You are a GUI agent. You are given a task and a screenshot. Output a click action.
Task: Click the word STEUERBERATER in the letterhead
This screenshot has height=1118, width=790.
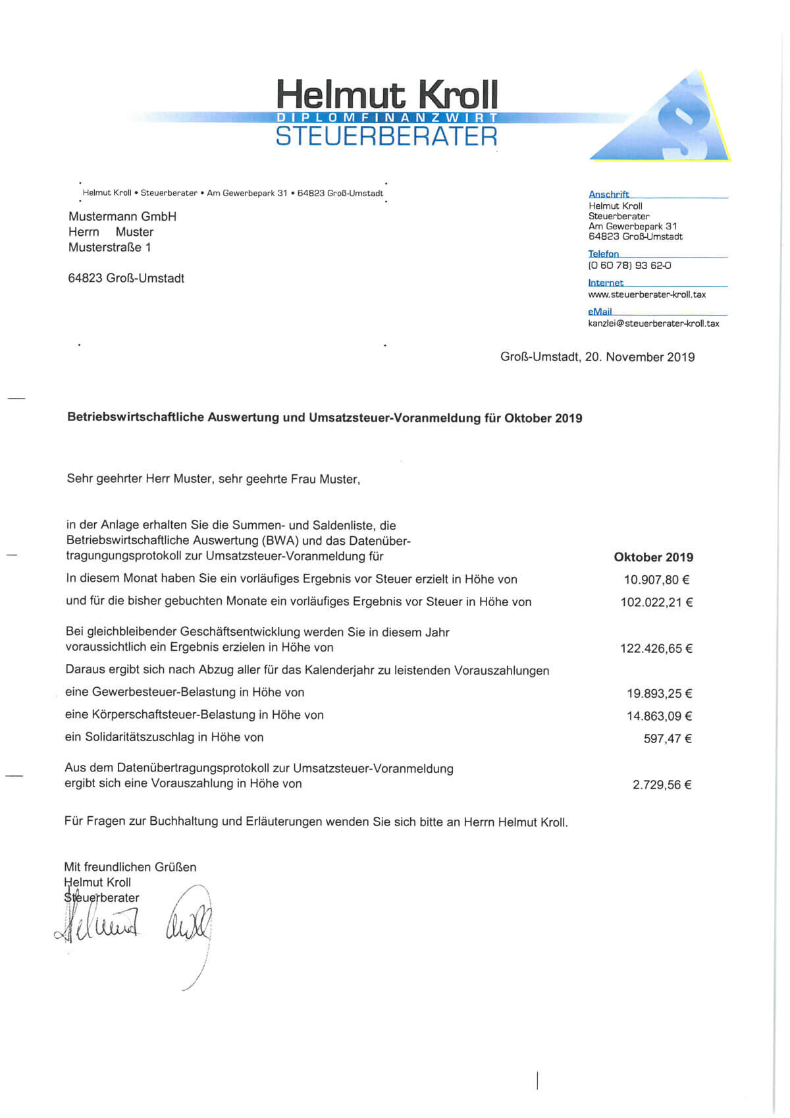coord(386,136)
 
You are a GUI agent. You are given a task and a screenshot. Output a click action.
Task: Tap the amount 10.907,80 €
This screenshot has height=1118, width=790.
coord(656,580)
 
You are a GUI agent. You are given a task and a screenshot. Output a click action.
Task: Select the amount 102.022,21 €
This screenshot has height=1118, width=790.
coord(656,602)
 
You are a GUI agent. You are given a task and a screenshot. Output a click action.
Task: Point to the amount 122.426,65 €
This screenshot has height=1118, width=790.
coord(656,648)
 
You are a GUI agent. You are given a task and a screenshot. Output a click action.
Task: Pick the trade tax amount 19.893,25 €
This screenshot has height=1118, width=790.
coord(659,694)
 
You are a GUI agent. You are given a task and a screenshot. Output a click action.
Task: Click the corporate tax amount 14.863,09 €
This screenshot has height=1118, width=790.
coord(659,716)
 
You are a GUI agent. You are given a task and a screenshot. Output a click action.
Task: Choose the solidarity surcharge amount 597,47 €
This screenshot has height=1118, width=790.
coord(668,739)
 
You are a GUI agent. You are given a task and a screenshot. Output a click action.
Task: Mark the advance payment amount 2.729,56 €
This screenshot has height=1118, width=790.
coord(662,785)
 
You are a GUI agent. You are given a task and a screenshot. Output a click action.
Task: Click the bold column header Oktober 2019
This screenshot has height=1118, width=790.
coord(653,557)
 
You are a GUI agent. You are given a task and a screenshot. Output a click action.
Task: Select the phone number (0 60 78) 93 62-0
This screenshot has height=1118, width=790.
coord(629,266)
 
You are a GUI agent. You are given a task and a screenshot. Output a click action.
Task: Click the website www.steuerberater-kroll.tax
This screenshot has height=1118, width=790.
coord(646,294)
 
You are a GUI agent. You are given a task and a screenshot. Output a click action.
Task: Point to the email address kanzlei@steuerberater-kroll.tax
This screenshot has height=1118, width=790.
coord(653,323)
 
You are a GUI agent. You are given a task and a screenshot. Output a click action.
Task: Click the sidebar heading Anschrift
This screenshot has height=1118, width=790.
coord(609,194)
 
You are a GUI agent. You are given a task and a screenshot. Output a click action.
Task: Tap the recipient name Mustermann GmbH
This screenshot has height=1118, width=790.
coord(122,217)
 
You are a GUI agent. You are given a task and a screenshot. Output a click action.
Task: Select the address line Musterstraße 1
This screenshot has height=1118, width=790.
coord(110,248)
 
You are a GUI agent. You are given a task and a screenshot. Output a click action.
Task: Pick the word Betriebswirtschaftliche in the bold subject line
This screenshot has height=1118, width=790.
coord(136,418)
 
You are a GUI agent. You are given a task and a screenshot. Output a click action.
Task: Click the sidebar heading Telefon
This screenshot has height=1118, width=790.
coord(604,254)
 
